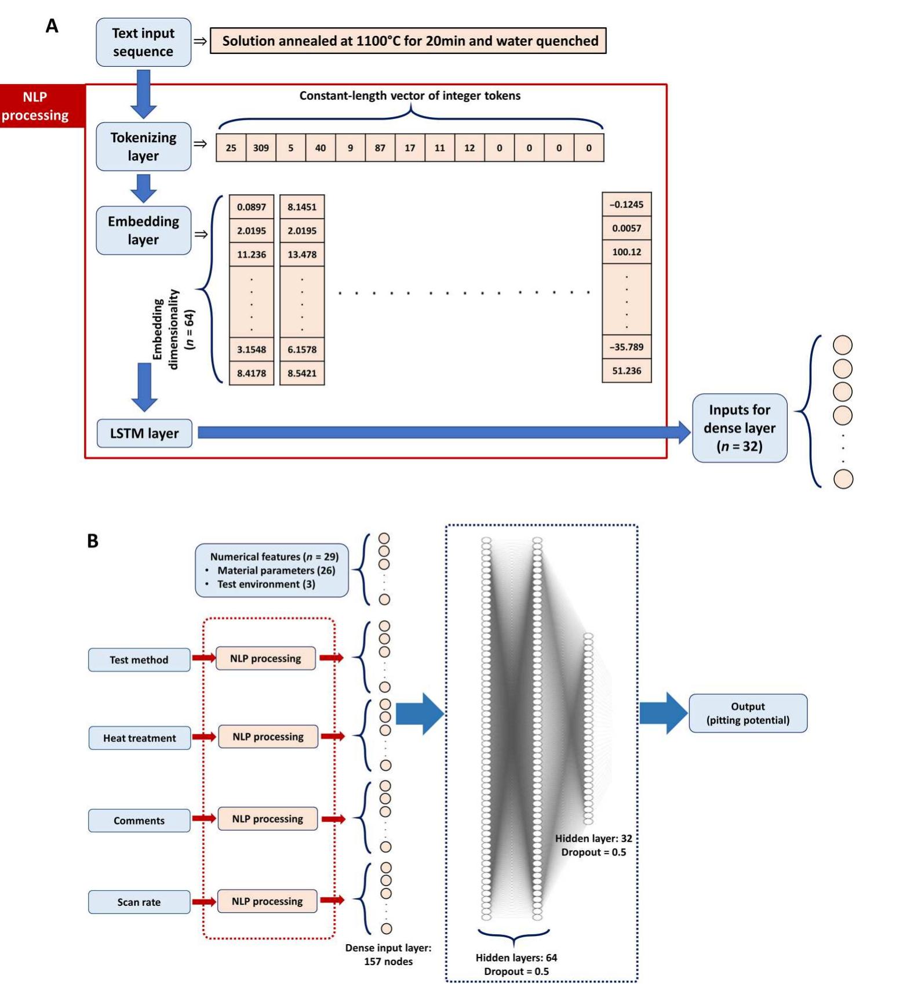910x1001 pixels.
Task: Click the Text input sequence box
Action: tap(143, 42)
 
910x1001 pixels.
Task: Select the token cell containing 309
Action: tap(261, 148)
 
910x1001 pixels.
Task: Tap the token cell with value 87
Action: tap(380, 148)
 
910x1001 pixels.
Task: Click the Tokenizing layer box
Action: tap(143, 147)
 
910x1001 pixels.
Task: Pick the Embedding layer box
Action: tap(143, 230)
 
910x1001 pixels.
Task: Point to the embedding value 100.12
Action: tap(627, 252)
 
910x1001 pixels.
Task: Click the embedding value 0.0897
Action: tap(251, 207)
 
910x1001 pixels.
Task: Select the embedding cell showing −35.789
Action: tap(627, 347)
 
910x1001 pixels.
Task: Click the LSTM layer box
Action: tap(144, 433)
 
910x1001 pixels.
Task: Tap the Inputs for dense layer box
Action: tap(739, 428)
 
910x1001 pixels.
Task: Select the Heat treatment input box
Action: tap(139, 738)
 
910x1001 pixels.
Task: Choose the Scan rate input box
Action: tap(139, 902)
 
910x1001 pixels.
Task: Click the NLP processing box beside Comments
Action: tap(267, 819)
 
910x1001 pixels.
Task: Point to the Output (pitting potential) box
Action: tap(748, 713)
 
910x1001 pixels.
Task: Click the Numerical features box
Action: tap(271, 570)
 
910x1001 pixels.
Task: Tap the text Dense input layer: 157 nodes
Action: tap(388, 954)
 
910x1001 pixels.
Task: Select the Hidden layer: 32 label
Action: tap(593, 839)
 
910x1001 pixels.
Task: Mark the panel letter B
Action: tap(93, 541)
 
